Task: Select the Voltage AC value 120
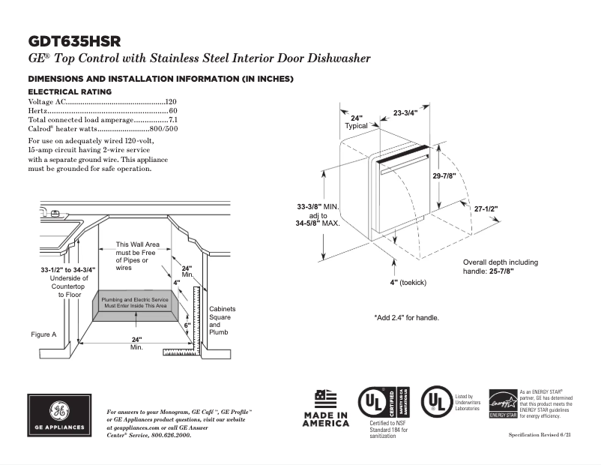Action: pyautogui.click(x=171, y=101)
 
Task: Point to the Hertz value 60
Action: pyautogui.click(x=173, y=111)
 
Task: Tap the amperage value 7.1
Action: pyautogui.click(x=172, y=120)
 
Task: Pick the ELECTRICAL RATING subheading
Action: pyautogui.click(x=70, y=91)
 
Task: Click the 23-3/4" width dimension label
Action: pyautogui.click(x=405, y=112)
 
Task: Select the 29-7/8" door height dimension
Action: pyautogui.click(x=444, y=175)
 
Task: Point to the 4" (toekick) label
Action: pyautogui.click(x=408, y=282)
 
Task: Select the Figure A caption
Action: pyautogui.click(x=43, y=334)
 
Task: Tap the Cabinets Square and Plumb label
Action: pyautogui.click(x=222, y=320)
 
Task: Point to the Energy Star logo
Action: pyautogui.click(x=502, y=405)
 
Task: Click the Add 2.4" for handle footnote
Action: pyautogui.click(x=406, y=318)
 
